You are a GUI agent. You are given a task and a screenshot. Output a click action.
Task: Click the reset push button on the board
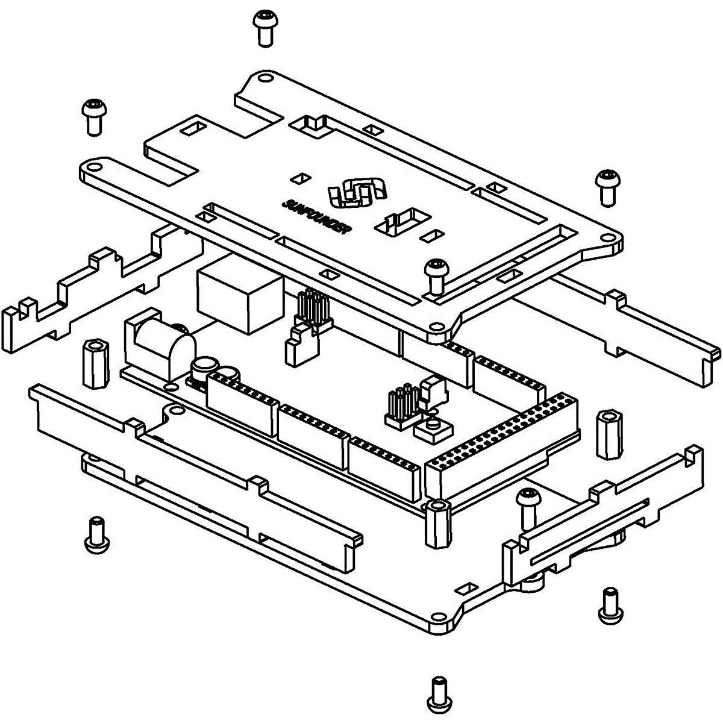tap(433, 428)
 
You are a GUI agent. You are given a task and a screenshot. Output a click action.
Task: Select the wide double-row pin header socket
tap(502, 447)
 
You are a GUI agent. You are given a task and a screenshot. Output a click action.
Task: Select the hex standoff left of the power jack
tap(96, 363)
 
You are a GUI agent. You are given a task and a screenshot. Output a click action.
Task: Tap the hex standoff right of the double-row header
tap(610, 434)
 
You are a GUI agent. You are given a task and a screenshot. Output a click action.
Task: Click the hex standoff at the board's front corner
tap(438, 523)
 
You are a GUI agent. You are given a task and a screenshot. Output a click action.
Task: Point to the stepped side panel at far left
tap(101, 289)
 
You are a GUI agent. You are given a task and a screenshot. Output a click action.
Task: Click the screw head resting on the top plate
tap(436, 277)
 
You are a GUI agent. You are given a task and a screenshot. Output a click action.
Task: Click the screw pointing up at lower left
tap(97, 534)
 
